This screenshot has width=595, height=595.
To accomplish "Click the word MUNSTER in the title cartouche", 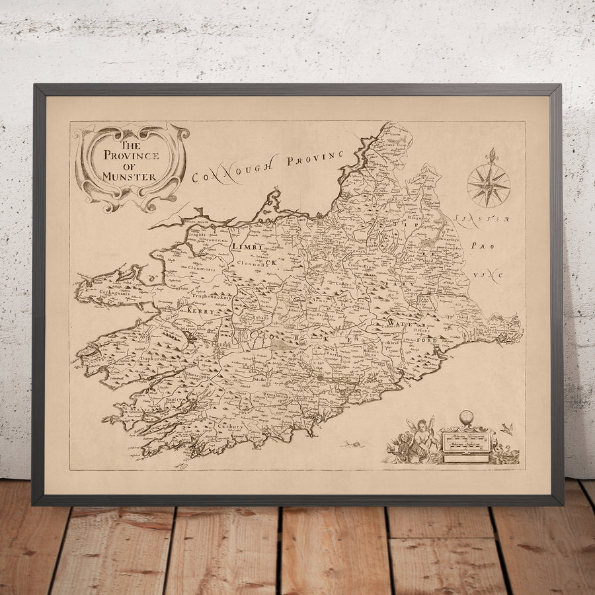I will [130, 177].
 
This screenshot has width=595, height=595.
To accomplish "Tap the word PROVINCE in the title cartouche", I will [131, 156].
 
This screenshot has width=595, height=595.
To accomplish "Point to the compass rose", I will [489, 185].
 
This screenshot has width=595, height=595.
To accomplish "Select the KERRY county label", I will [202, 309].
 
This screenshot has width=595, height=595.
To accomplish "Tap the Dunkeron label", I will [156, 358].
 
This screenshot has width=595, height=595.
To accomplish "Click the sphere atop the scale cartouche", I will [467, 418].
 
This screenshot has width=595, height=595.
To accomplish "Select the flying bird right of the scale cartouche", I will [506, 430].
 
